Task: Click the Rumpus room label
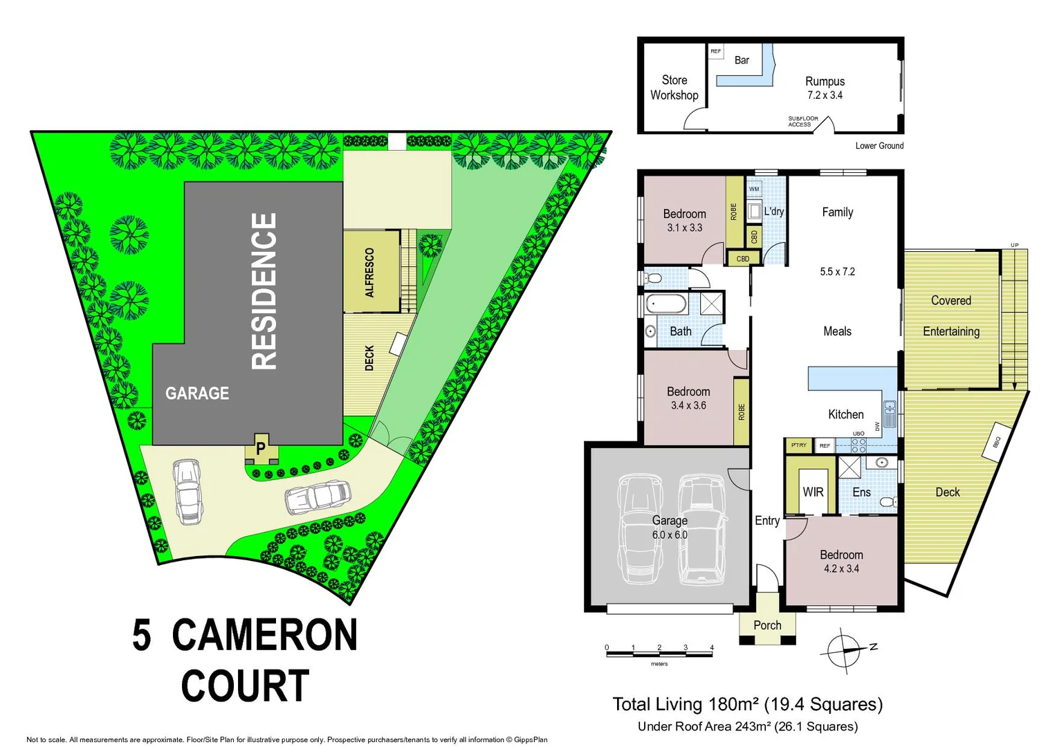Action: pos(825,82)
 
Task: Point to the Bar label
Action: pos(742,60)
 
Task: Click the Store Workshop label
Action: pos(674,88)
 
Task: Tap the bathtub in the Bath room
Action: pos(665,304)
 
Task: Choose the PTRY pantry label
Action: pos(799,445)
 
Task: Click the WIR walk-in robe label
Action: pos(813,492)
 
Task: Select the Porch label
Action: pos(767,625)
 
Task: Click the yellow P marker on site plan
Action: pos(261,448)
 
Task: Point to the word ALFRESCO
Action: pos(369,273)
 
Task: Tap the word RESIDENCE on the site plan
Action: pos(264,290)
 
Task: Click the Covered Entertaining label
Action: pos(951,316)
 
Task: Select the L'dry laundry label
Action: pos(774,211)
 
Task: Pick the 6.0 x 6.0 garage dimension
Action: pos(670,535)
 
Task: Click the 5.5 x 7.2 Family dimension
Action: pos(837,272)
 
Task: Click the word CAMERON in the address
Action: pos(264,635)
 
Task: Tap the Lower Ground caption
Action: pos(879,145)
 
